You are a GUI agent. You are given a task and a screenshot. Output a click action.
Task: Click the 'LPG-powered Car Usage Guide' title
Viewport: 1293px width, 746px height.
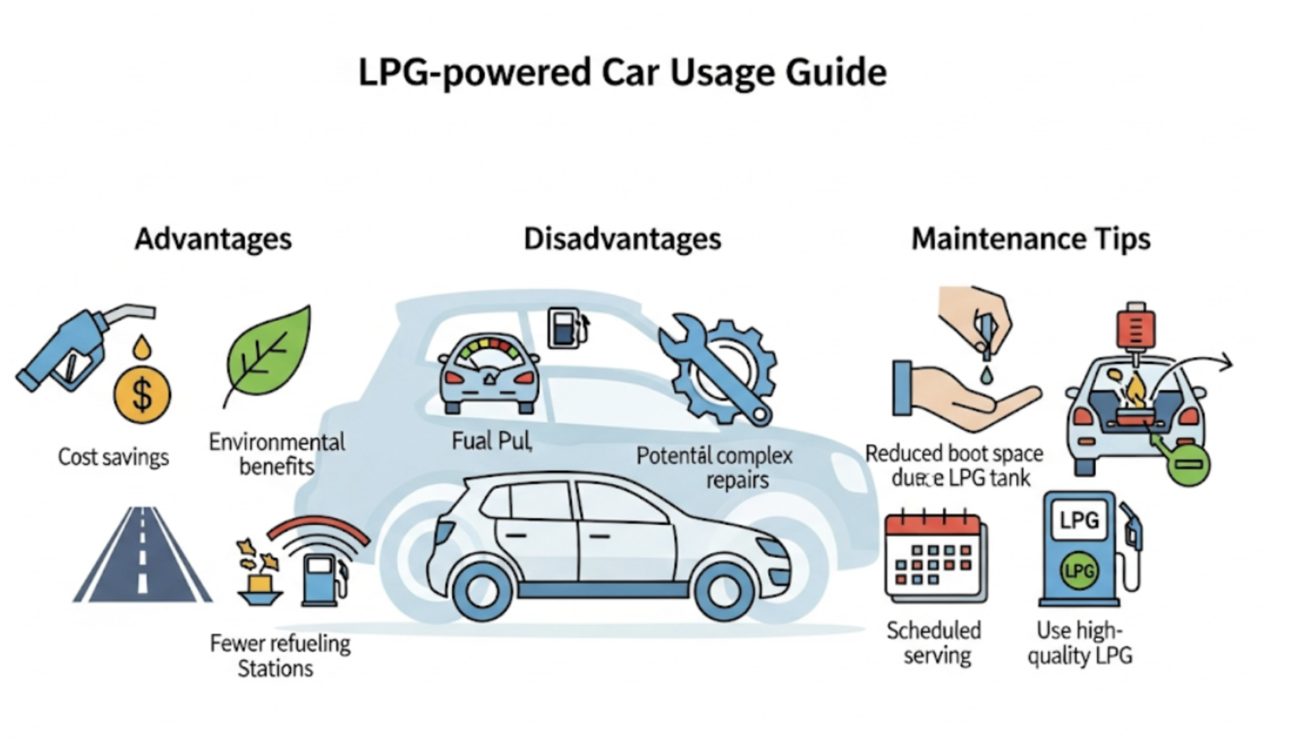[622, 72]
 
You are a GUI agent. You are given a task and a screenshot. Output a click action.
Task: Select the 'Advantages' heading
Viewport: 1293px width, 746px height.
[213, 239]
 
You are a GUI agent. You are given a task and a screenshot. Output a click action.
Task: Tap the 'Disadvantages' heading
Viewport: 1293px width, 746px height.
[622, 239]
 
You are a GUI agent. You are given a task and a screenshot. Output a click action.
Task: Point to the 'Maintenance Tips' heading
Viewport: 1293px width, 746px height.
[1031, 239]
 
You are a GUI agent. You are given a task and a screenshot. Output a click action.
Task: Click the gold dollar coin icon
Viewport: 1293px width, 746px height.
[142, 395]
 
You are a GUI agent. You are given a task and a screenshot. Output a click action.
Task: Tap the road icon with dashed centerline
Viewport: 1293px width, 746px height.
[142, 556]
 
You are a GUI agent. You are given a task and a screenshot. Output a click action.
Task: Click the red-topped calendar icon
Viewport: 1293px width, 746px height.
[935, 558]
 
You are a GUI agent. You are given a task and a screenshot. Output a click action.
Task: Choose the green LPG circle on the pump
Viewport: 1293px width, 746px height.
[1079, 571]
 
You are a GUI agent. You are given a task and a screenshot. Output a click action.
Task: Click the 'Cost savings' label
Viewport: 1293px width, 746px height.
[113, 457]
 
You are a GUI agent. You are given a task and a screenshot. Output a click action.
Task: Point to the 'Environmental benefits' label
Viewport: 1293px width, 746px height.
[277, 454]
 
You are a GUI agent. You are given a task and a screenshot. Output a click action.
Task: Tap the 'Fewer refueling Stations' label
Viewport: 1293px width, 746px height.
[279, 656]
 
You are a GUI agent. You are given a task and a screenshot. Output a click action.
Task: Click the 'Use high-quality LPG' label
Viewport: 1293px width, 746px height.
[1079, 643]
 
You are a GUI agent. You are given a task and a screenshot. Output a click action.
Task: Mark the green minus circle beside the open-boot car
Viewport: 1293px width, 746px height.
[1188, 464]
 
